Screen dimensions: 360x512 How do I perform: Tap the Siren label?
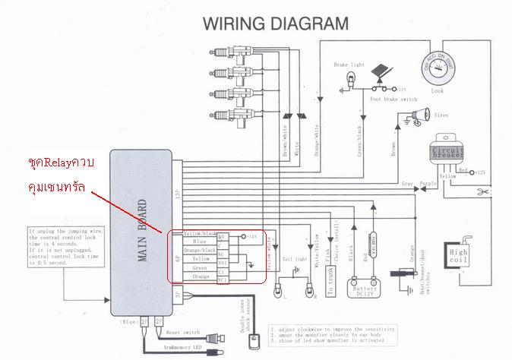(x=442, y=115)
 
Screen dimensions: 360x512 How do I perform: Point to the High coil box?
(x=459, y=258)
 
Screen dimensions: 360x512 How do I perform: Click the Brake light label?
(x=348, y=65)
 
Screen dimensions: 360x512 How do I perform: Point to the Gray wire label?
(x=407, y=183)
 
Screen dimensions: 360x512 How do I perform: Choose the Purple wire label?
(x=428, y=183)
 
